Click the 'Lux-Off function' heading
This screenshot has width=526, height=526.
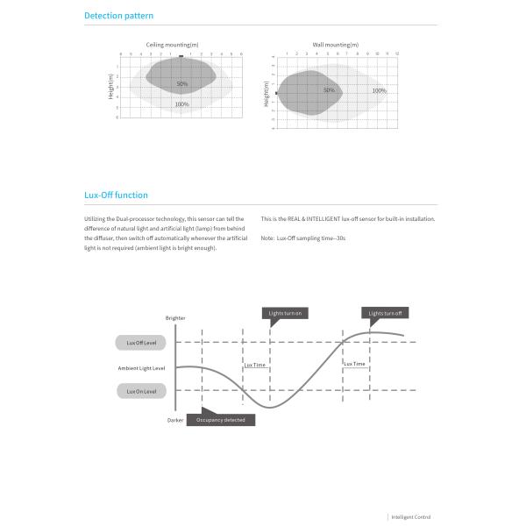(116, 195)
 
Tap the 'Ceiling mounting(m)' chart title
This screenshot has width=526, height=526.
(172, 44)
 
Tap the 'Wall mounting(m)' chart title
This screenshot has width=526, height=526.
(335, 44)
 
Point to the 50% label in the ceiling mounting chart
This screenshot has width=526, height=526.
(181, 84)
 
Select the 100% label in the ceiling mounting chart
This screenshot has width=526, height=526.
(181, 104)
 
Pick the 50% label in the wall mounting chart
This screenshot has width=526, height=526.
(329, 90)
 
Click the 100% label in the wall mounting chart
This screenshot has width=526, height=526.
(379, 90)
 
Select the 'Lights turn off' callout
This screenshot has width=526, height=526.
(386, 313)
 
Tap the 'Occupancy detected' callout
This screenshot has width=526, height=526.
(220, 420)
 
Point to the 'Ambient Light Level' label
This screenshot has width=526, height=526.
(141, 367)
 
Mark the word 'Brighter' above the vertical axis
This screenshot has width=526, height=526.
(175, 318)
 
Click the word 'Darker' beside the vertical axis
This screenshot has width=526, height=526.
(175, 421)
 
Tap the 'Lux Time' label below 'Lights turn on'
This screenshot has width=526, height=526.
(255, 364)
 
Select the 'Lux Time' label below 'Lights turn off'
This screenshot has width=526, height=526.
(354, 364)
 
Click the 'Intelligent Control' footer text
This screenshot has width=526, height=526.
(411, 517)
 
